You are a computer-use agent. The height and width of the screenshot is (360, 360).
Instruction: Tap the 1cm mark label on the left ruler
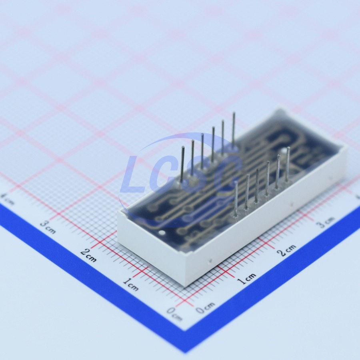tap(131, 284)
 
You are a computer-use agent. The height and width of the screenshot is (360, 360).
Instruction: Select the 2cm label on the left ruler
tap(88, 255)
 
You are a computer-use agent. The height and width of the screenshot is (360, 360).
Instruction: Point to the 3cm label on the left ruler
tap(48, 227)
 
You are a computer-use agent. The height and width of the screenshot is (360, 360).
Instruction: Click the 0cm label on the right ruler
tap(205, 308)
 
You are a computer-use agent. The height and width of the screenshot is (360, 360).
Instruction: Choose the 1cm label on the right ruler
tap(246, 278)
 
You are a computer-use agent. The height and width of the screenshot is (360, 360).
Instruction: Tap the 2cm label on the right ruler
tap(286, 250)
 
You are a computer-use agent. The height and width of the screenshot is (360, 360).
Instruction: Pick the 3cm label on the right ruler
tap(325, 222)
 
